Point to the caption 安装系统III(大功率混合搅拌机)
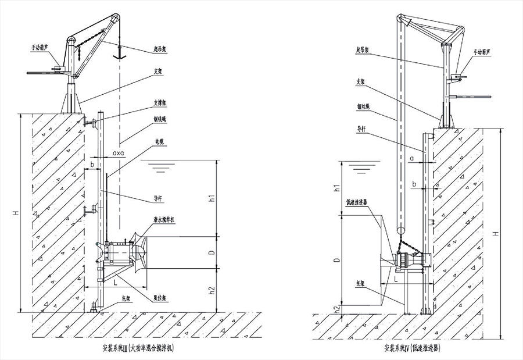pos(138,350)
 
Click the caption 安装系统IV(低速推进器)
pos(411,350)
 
